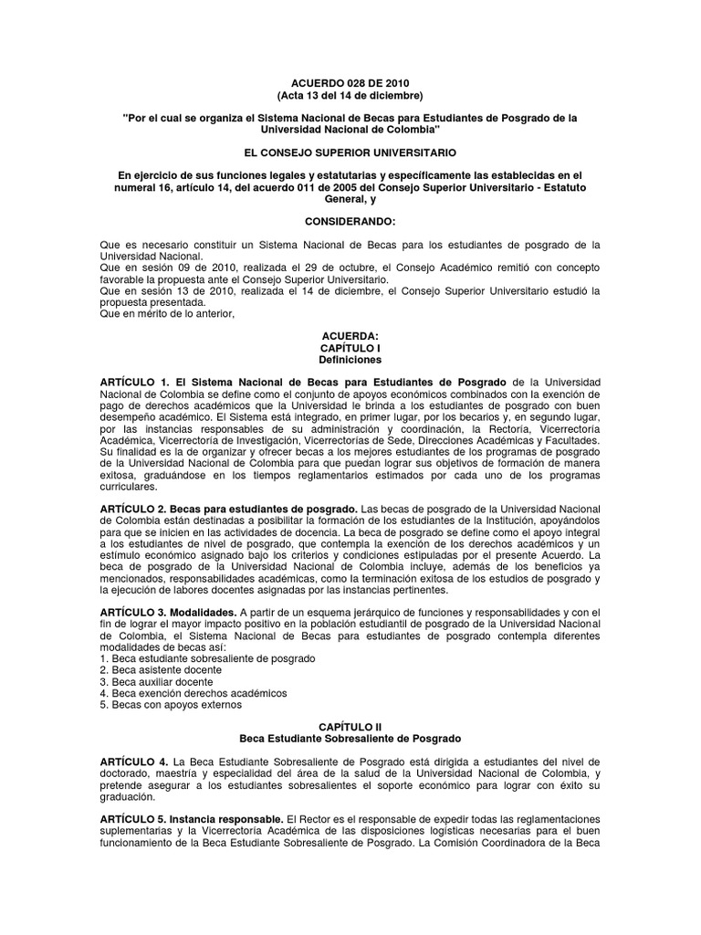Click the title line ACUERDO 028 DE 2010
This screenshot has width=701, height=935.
pos(350,80)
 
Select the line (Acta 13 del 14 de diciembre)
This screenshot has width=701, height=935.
pos(350,95)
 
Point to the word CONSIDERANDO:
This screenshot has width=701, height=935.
pos(350,222)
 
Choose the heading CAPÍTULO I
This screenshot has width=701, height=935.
pos(350,348)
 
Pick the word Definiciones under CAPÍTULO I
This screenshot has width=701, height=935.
pos(350,361)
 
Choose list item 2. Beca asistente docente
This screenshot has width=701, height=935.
pos(161,669)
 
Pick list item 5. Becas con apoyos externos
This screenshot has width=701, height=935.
pos(166,705)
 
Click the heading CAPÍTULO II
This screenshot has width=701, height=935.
pos(350,725)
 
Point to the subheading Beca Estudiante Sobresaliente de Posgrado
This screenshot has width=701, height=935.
pos(350,738)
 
